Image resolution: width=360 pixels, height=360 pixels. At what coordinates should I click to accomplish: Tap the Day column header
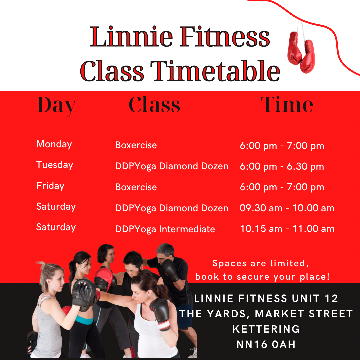57,106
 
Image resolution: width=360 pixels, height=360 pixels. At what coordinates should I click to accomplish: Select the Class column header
154,105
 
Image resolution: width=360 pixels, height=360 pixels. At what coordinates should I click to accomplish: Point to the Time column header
287,105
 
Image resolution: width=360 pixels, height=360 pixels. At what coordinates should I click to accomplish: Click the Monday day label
54,144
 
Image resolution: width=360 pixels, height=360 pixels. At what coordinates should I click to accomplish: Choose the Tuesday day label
55,165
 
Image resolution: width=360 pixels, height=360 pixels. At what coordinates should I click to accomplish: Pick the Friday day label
50,186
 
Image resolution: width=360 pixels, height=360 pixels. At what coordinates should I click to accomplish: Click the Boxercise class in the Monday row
136,145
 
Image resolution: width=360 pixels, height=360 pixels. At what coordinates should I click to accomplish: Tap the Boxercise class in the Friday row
136,187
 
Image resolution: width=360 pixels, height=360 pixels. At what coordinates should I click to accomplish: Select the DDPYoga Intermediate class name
165,229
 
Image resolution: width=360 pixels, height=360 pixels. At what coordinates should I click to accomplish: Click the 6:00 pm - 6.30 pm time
282,166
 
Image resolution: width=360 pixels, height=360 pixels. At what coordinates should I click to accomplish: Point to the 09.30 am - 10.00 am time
287,208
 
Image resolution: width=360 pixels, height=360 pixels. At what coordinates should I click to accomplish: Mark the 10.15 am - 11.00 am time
287,229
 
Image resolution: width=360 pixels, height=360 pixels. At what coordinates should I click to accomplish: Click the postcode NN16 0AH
266,344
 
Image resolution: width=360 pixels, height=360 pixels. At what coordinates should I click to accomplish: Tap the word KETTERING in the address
266,329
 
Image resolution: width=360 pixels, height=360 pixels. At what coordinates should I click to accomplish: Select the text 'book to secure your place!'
262,277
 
